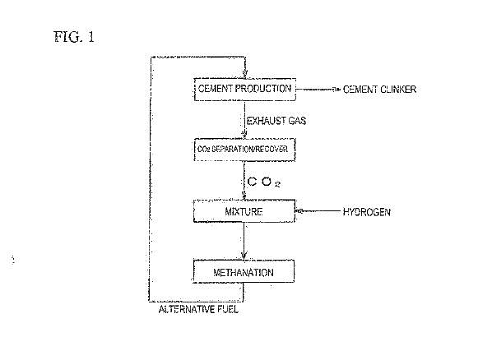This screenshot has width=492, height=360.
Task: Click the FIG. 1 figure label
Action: (74, 37)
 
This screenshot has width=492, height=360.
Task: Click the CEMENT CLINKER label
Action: (379, 90)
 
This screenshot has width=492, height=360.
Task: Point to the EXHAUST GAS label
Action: (276, 121)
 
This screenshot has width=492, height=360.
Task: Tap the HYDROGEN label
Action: (366, 212)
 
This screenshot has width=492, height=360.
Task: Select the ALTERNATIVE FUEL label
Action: (198, 310)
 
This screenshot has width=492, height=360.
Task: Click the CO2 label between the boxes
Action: (264, 182)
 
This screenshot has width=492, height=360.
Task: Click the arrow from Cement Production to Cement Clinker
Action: (318, 90)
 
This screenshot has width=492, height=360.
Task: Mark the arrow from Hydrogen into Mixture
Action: (318, 211)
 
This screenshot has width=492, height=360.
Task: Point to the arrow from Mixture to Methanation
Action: (244, 241)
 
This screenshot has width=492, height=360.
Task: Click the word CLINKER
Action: (398, 90)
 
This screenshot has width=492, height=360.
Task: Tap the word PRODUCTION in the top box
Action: (263, 89)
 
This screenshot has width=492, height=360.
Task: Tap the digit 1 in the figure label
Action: (91, 37)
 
